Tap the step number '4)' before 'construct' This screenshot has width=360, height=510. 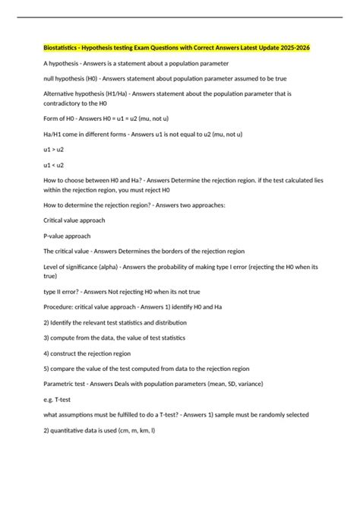click(47, 353)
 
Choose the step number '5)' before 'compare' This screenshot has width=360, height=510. click(47, 369)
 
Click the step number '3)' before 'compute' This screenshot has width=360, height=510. click(47, 337)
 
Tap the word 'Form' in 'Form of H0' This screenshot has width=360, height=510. click(52, 119)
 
